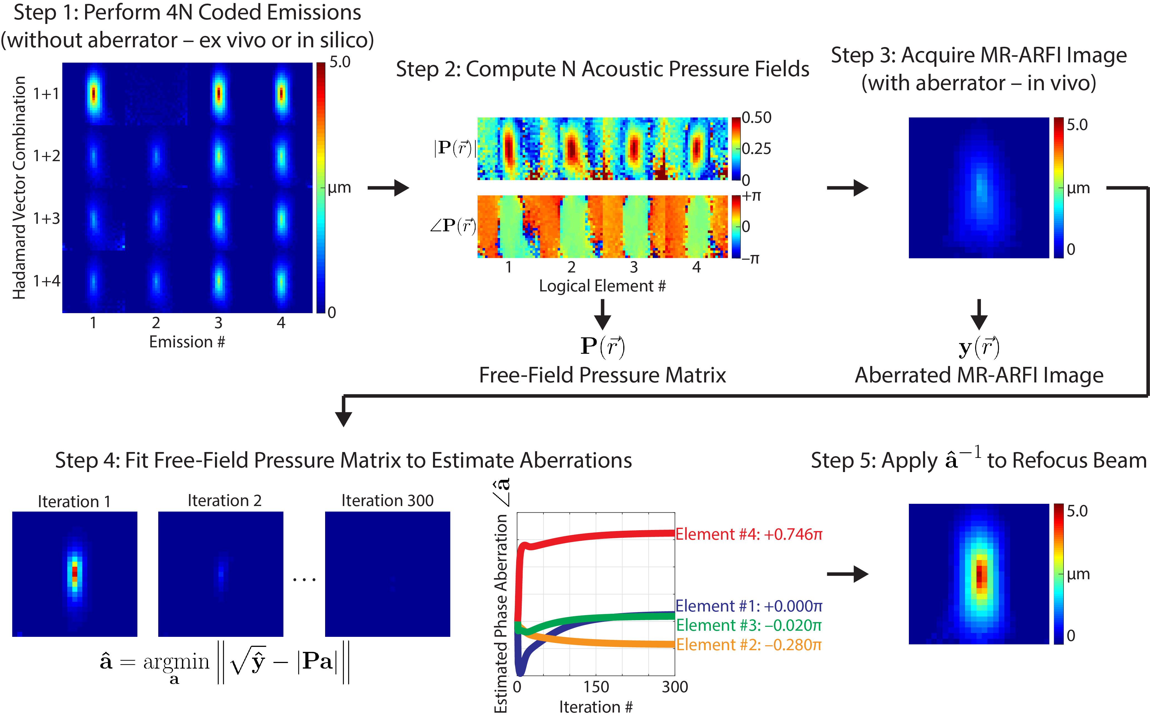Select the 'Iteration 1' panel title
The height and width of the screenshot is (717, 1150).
coord(74,501)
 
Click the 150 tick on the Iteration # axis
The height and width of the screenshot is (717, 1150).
coord(596,687)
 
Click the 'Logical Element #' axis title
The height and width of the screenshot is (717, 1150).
coord(602,286)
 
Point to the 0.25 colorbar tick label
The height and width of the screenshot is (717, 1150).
coord(756,149)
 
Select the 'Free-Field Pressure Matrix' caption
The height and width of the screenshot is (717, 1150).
coord(602,375)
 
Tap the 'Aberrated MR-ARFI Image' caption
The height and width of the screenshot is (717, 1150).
coord(979,375)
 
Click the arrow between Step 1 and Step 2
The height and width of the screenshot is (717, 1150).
coord(388,188)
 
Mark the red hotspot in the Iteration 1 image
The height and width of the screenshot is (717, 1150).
coord(74,571)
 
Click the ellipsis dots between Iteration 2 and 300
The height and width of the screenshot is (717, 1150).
coord(304,580)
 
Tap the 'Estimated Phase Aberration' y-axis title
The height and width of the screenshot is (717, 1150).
coord(501,612)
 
